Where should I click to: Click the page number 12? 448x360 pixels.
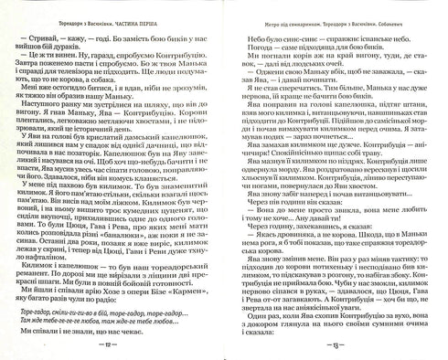[112, 347]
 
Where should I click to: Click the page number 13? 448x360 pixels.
[336, 347]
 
